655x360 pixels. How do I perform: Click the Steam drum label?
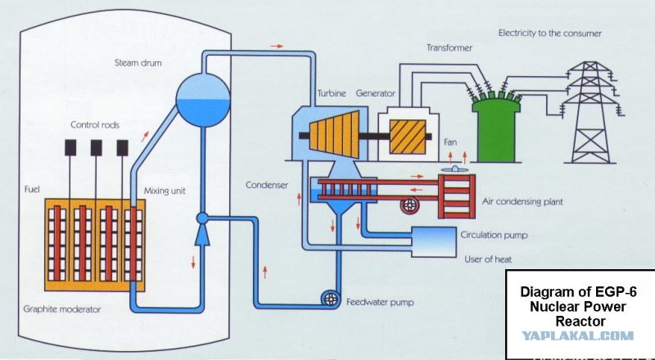[x=138, y=63]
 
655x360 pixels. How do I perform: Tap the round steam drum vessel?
[x=203, y=101]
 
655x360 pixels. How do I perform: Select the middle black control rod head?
[x=96, y=148]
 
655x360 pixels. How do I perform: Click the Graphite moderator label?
[x=62, y=309]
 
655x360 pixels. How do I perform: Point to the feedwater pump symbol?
[x=331, y=299]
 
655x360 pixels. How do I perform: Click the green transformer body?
[x=496, y=129]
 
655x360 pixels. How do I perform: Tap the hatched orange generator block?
[x=408, y=137]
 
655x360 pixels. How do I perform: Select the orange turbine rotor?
[x=334, y=134]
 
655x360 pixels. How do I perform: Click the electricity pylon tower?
[x=589, y=112]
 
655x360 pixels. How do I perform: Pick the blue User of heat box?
[x=434, y=242]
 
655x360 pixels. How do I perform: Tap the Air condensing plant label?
[x=522, y=202]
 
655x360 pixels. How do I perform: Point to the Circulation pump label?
[x=495, y=235]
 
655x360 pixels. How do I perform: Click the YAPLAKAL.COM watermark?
[x=578, y=335]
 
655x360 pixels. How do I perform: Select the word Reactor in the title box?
[x=580, y=322]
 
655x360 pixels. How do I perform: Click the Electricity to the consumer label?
[x=549, y=34]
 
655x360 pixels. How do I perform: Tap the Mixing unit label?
[x=165, y=191]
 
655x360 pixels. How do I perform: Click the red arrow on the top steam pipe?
[x=277, y=46]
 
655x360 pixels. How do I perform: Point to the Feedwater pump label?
[x=380, y=302]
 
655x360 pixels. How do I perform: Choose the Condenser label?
[x=267, y=185]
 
